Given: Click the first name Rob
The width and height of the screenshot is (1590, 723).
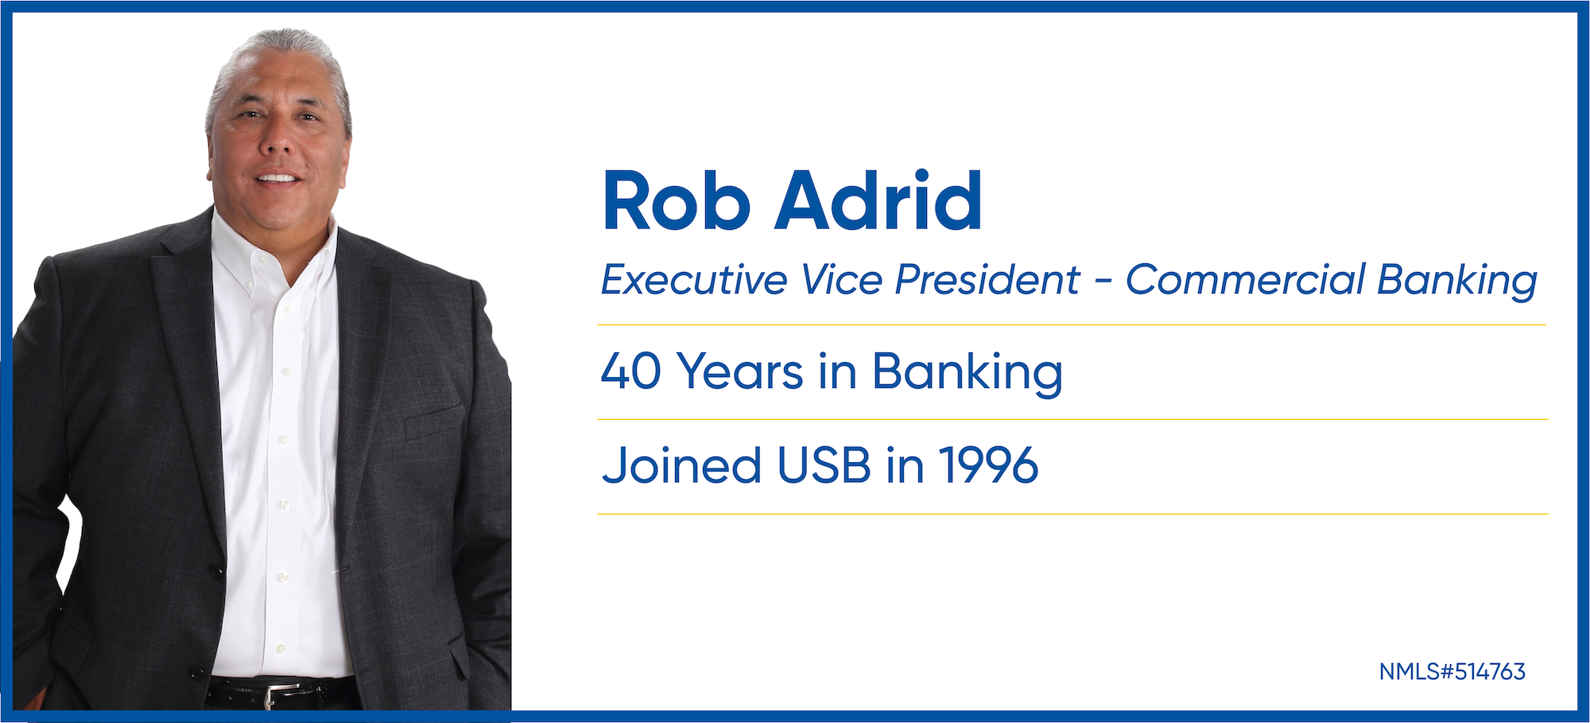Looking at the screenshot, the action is pyautogui.click(x=677, y=200).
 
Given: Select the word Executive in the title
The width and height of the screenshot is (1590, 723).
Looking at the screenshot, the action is pyautogui.click(x=694, y=280).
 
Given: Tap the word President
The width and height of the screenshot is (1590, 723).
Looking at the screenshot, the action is pyautogui.click(x=987, y=280).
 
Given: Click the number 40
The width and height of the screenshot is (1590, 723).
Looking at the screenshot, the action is pyautogui.click(x=631, y=371).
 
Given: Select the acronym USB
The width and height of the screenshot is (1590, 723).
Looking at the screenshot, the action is pyautogui.click(x=824, y=465).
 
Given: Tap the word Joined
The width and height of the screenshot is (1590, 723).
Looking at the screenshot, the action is pyautogui.click(x=682, y=465).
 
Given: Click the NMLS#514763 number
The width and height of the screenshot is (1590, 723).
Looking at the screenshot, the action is pyautogui.click(x=1452, y=672).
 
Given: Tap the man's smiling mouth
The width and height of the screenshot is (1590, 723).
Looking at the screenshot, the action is pyautogui.click(x=277, y=179).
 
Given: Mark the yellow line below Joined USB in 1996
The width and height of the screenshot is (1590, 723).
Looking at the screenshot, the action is pyautogui.click(x=1072, y=514).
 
